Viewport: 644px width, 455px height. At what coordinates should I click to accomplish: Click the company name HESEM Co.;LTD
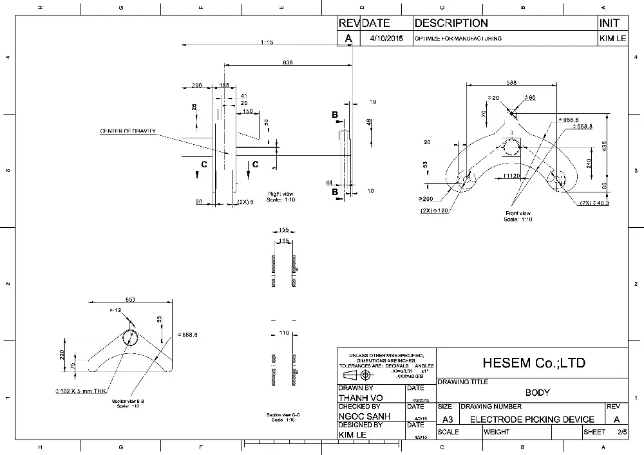click(535, 363)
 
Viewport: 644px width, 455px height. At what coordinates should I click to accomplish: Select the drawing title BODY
click(537, 392)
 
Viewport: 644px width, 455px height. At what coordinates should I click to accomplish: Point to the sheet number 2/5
click(621, 432)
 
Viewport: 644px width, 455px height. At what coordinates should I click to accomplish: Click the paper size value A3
click(446, 420)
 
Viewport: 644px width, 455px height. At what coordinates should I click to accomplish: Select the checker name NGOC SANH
click(364, 416)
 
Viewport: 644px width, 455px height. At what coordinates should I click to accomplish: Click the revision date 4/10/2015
click(386, 39)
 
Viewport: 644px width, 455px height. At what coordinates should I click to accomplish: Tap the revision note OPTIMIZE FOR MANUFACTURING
click(458, 39)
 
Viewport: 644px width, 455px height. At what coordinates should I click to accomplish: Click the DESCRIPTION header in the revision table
click(451, 23)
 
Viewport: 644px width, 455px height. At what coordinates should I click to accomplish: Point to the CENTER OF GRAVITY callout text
click(128, 131)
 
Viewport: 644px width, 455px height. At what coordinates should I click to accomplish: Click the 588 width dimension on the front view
click(511, 82)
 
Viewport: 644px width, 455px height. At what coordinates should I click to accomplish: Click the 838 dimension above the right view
click(288, 62)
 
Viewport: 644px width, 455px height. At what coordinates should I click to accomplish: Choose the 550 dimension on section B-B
click(130, 300)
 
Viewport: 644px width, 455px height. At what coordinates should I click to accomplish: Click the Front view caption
click(518, 213)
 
